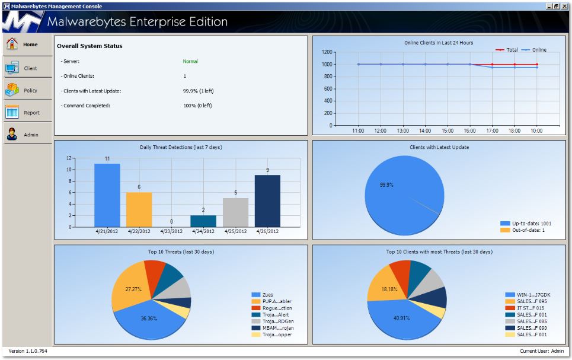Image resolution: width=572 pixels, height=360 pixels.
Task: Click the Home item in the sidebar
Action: pos(27,44)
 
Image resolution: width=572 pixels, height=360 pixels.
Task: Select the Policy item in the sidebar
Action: pos(27,90)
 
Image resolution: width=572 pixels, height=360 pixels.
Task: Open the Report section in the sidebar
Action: pos(27,113)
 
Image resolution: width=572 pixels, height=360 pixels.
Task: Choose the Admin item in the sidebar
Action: pos(27,135)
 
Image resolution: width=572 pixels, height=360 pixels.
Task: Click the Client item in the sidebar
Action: pos(27,68)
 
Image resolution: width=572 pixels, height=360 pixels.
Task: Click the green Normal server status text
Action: pos(190,61)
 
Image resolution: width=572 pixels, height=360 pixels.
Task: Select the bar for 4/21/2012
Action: pos(107,196)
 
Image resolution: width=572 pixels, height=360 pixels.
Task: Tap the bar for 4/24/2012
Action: pos(203,221)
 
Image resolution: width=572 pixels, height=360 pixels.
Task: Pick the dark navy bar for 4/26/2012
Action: pos(267,201)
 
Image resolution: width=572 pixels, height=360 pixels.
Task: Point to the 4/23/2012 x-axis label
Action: pos(171,231)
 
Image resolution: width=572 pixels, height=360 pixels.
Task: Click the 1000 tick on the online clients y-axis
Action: pos(326,64)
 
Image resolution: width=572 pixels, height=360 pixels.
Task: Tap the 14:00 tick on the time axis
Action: pos(425,130)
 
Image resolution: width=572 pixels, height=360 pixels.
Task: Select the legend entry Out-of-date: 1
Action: pos(528,230)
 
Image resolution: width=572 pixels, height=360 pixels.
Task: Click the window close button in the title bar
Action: pos(565,6)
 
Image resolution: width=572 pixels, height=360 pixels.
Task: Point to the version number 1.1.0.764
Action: pos(28,351)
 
